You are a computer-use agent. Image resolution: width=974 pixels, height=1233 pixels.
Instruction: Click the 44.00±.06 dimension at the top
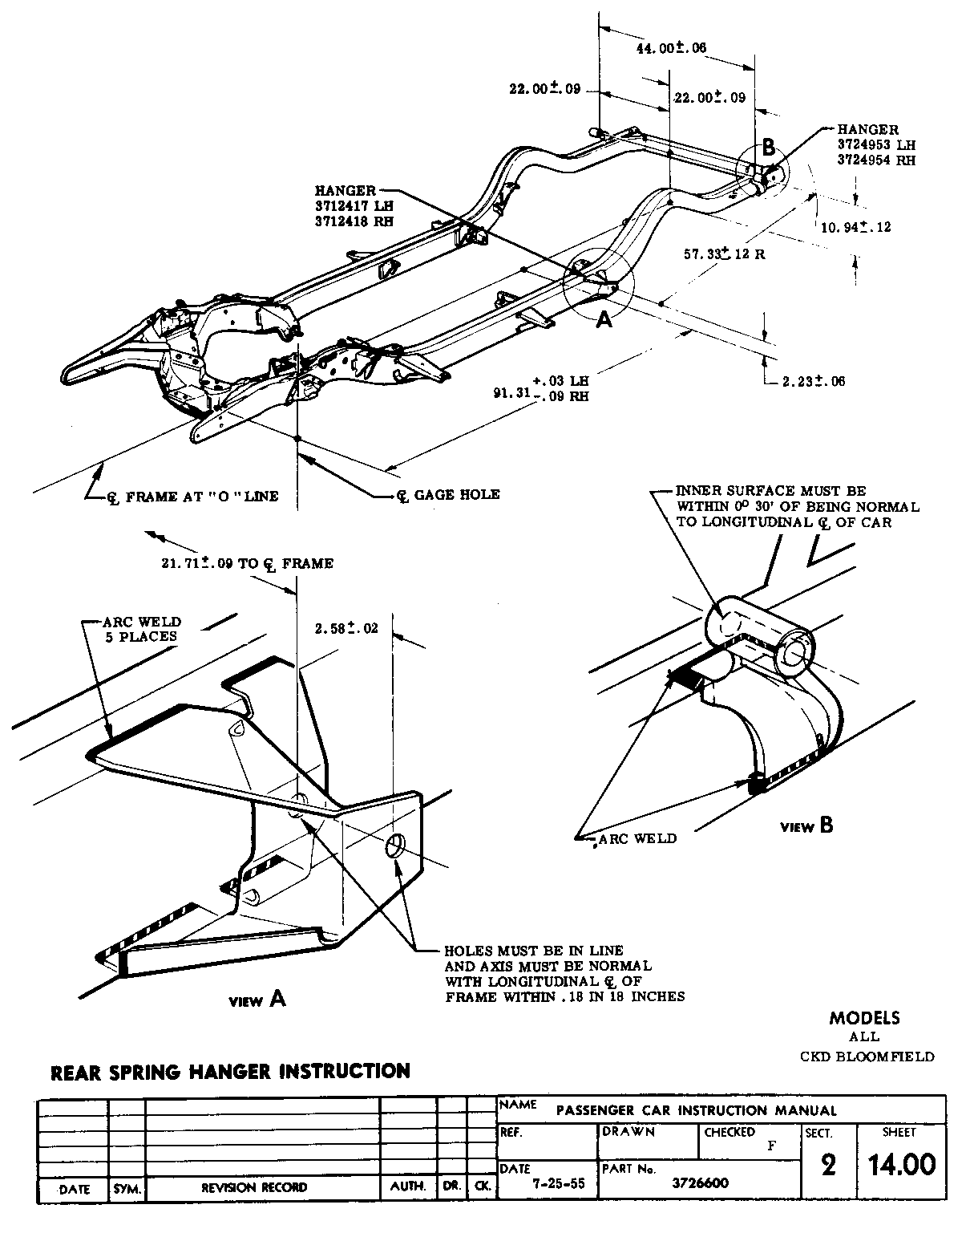pos(670,48)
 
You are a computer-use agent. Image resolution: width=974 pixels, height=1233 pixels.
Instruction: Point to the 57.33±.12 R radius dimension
pos(724,254)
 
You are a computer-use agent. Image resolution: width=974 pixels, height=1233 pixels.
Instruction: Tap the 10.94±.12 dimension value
pos(856,227)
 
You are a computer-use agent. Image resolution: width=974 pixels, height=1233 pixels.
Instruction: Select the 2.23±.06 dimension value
pos(813,381)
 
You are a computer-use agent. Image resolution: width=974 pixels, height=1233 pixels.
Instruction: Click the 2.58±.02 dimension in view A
pos(346,628)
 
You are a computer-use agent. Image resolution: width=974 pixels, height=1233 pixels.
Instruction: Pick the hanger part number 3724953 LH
pos(876,144)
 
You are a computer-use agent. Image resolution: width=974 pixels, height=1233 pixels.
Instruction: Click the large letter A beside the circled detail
pos(605,319)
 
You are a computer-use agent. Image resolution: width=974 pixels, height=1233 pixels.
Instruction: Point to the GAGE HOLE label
pos(456,494)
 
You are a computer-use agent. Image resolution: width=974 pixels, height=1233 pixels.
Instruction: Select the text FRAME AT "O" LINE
pos(201,497)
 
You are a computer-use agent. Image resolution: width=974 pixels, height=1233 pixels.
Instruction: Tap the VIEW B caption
pos(806,825)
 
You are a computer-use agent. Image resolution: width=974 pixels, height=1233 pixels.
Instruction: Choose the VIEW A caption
pos(257,999)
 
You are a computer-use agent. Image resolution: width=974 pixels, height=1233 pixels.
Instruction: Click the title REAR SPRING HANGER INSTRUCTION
pos(230,1071)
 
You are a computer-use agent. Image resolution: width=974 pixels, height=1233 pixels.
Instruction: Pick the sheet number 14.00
pos(902,1164)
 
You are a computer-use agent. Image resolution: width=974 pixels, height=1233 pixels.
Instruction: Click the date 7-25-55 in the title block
pos(547,1183)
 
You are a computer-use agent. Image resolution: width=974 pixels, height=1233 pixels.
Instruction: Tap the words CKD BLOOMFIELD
pos(867,1057)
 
